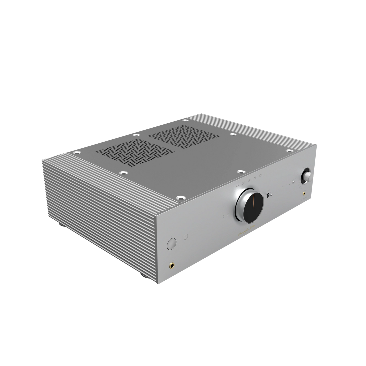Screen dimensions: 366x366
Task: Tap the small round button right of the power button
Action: (186, 237)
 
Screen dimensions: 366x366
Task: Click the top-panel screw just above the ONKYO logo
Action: (239, 171)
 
